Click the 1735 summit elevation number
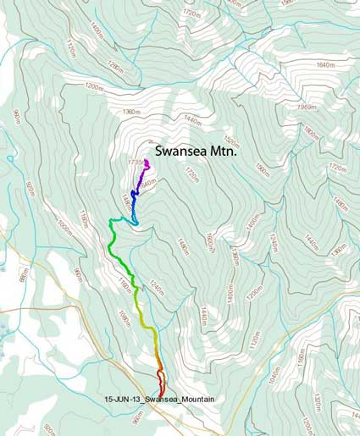(136, 161)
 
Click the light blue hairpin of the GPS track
(133, 222)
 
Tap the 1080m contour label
(125, 318)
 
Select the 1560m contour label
(260, 173)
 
